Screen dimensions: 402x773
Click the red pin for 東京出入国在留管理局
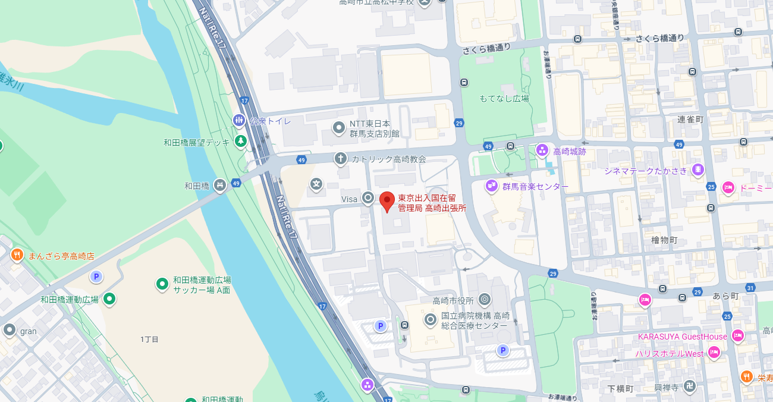(x=387, y=201)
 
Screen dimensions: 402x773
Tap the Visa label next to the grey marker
(x=348, y=199)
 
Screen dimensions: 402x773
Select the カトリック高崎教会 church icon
(x=340, y=158)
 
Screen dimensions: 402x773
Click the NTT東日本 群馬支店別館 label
(x=370, y=128)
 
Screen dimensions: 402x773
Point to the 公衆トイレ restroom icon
(x=239, y=121)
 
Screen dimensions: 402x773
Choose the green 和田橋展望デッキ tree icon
(x=240, y=142)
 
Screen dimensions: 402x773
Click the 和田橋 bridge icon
(x=220, y=186)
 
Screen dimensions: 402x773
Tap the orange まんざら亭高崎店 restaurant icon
(x=17, y=256)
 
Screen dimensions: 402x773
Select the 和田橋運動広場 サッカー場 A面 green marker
(x=162, y=284)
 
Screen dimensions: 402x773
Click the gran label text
(x=28, y=331)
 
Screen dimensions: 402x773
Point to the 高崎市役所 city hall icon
(x=485, y=299)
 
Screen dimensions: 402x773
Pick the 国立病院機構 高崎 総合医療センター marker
(x=431, y=320)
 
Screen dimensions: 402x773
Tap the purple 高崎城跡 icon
(x=542, y=150)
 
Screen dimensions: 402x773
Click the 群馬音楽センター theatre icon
(x=491, y=186)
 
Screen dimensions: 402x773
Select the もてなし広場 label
(x=504, y=98)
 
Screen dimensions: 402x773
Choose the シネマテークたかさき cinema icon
(x=698, y=171)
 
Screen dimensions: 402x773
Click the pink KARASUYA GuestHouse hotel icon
(x=738, y=336)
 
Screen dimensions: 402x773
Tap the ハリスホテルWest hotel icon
(x=714, y=353)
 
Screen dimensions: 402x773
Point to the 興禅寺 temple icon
(x=689, y=387)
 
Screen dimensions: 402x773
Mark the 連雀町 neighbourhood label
(x=690, y=120)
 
